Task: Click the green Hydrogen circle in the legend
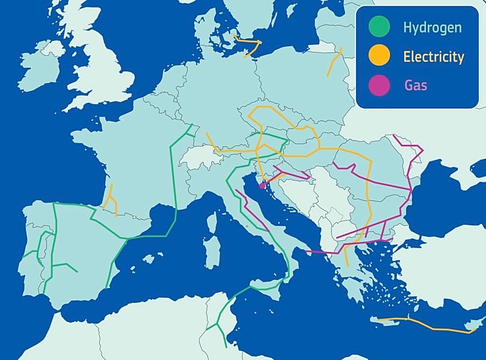click(380, 27)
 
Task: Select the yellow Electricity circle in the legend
click(380, 56)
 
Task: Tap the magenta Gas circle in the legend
click(380, 85)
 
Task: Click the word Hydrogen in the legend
click(432, 28)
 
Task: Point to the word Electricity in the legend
click(434, 57)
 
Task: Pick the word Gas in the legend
click(416, 85)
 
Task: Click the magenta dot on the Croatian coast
click(262, 186)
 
